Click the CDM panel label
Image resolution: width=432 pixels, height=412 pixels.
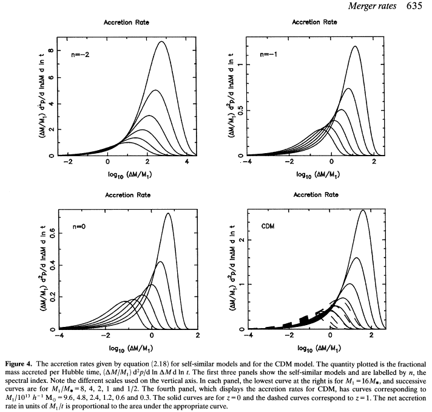coord(268,225)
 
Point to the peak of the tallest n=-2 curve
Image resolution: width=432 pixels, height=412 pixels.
coord(161,42)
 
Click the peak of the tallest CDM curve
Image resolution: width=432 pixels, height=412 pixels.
coord(363,210)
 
